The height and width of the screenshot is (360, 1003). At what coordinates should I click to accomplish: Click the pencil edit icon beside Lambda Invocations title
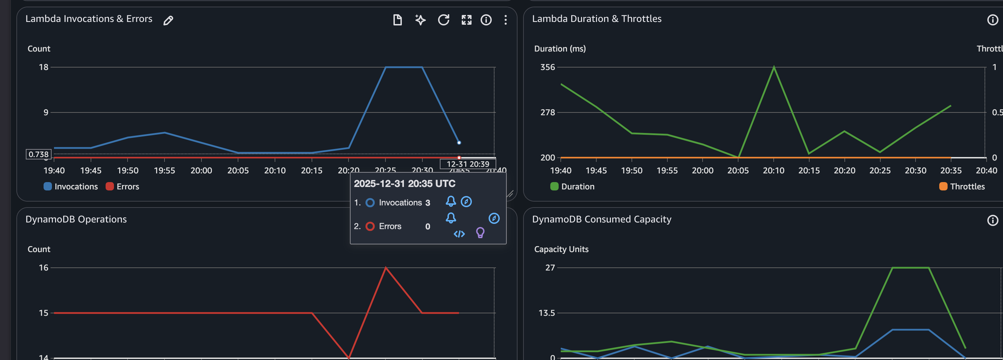click(x=168, y=20)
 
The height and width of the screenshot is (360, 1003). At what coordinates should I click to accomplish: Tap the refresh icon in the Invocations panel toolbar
click(x=444, y=20)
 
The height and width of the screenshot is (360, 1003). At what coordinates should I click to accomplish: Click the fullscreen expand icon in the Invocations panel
click(x=466, y=20)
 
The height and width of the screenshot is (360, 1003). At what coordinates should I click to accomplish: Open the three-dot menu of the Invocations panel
click(x=505, y=20)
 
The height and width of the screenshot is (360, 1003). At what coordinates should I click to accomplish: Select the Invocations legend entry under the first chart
click(x=71, y=186)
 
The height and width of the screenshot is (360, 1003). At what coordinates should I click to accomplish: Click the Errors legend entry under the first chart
click(x=123, y=186)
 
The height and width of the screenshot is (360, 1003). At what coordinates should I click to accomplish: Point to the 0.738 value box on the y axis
click(x=39, y=155)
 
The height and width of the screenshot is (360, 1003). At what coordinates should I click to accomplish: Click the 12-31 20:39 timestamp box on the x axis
click(x=468, y=164)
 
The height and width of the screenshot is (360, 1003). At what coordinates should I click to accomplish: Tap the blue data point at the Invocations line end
click(x=459, y=143)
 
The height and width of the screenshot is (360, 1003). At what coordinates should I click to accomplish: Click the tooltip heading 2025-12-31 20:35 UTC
click(x=404, y=184)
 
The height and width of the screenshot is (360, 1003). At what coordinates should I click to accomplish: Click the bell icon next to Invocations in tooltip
click(x=451, y=201)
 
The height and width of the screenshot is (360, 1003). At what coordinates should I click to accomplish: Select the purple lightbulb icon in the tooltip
click(x=480, y=233)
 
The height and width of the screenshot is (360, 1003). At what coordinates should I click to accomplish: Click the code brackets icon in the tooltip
click(x=459, y=234)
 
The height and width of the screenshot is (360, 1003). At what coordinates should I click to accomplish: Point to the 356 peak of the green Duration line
click(x=774, y=67)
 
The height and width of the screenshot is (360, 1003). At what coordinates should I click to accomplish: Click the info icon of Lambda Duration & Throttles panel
click(x=993, y=20)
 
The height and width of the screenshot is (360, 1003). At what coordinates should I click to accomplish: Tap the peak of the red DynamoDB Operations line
click(x=385, y=268)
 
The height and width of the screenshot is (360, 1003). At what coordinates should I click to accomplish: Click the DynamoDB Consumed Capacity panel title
click(x=602, y=219)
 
